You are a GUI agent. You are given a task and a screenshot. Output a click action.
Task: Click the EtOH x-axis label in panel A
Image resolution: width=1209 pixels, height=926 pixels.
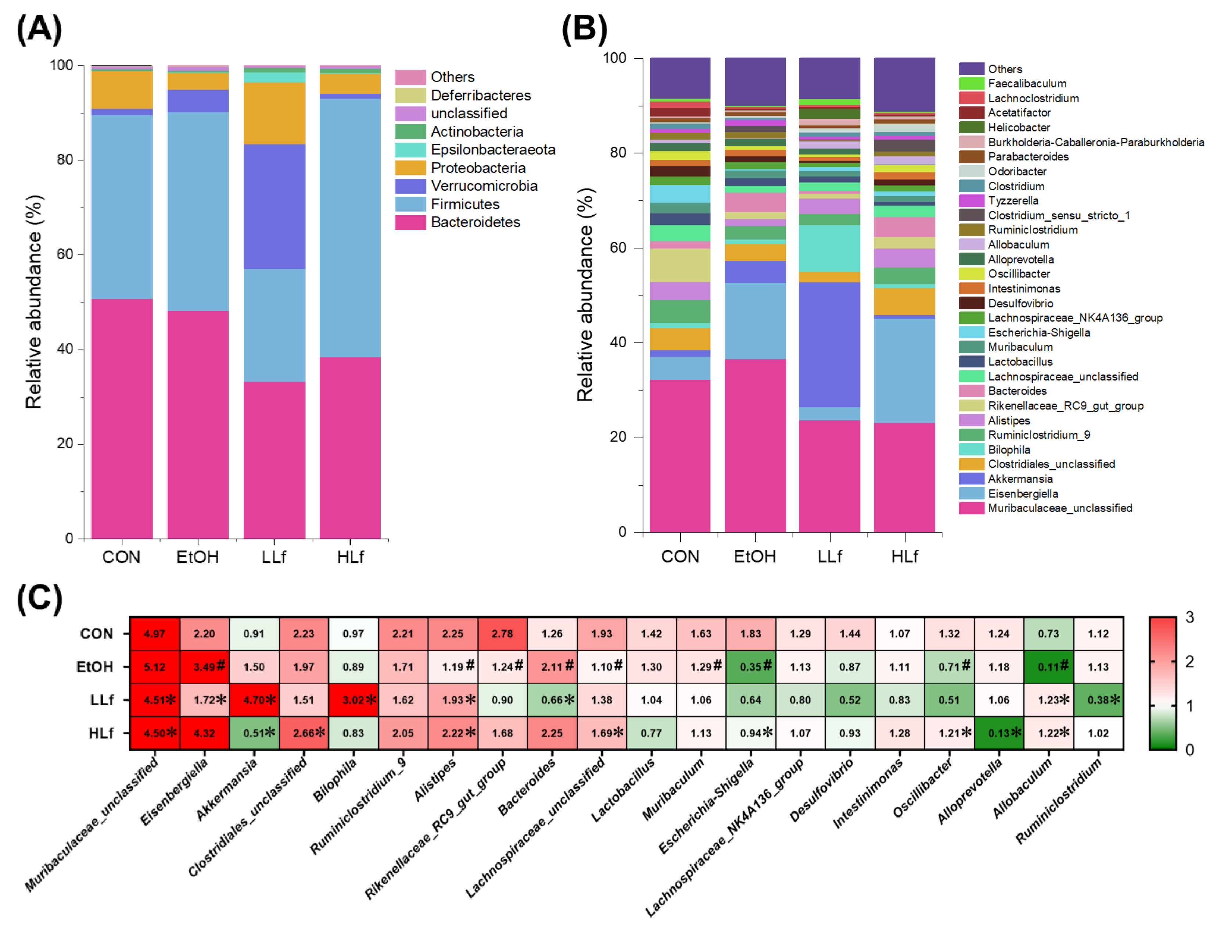point(197,557)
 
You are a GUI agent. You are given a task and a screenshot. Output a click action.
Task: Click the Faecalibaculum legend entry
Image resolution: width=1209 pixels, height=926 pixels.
point(1027,83)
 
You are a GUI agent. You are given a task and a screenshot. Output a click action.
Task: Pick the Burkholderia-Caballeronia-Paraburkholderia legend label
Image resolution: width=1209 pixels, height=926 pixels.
point(1095,142)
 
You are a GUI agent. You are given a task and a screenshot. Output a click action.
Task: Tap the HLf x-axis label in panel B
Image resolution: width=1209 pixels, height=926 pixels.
point(904,557)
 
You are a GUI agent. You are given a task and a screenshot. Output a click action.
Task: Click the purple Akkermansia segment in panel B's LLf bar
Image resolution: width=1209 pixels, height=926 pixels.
point(829,344)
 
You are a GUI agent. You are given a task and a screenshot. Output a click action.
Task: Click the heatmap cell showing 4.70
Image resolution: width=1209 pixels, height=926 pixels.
point(254,700)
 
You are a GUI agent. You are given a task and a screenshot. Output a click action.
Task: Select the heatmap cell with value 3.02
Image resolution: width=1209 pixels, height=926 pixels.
point(353,700)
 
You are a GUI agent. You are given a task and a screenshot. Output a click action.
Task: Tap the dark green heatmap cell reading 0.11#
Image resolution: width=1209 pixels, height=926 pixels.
point(1048,667)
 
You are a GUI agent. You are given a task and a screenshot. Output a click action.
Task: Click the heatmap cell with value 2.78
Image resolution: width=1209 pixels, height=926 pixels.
point(502,634)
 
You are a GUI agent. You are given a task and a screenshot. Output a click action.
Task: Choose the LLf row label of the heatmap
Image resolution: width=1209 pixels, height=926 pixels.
point(101,700)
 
